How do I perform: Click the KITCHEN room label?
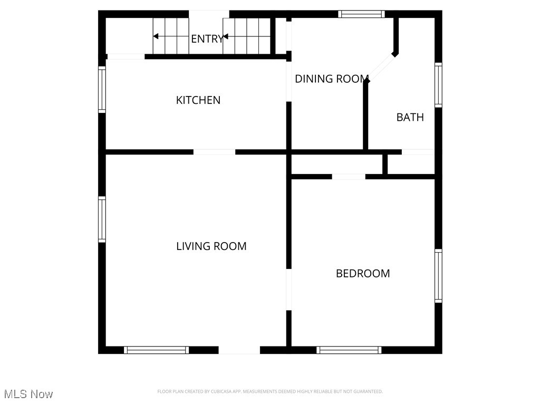tap(198, 100)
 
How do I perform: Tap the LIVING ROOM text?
tap(211, 246)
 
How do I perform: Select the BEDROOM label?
tap(363, 273)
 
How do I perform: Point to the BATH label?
tap(410, 117)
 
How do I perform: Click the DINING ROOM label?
tap(331, 79)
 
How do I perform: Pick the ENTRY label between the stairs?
tap(207, 39)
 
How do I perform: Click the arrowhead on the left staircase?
tap(156, 36)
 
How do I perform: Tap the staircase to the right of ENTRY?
tap(247, 36)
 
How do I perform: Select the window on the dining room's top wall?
tap(361, 14)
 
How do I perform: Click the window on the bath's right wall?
tap(438, 85)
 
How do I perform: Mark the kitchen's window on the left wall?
tap(102, 89)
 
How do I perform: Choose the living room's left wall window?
tap(102, 219)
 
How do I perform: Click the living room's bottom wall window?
tap(156, 350)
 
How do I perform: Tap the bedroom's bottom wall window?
tap(349, 350)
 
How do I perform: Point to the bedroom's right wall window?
tap(438, 276)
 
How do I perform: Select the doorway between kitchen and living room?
tap(214, 152)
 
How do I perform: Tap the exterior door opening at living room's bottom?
tap(239, 350)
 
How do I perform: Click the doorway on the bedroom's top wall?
tap(349, 177)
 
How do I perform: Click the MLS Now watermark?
tap(28, 394)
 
